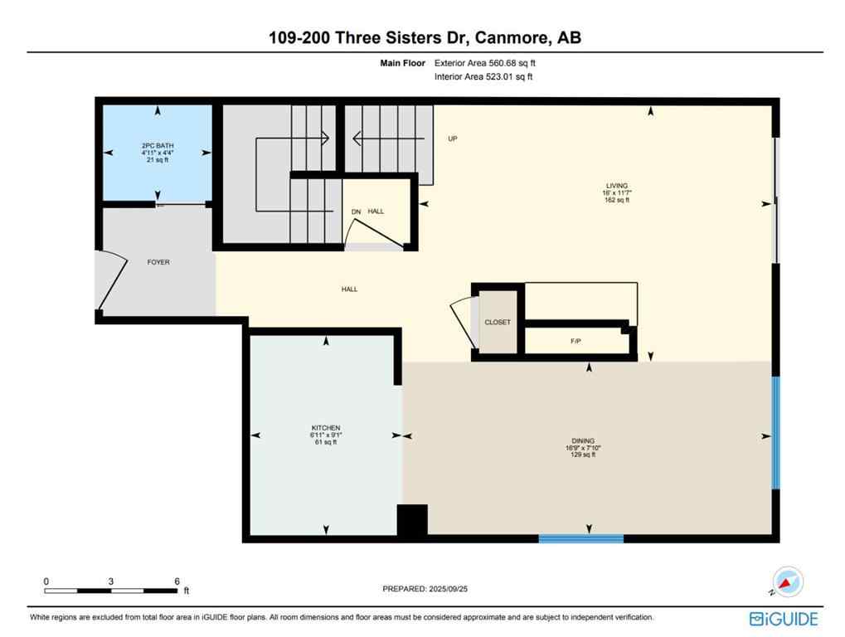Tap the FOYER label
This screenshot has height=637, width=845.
point(158,262)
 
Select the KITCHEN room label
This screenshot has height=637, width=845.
point(325,428)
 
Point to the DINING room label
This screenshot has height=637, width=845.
point(583,441)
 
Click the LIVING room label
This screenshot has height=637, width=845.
point(616,186)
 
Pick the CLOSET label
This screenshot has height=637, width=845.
point(498,322)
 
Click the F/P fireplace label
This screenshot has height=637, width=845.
point(575,341)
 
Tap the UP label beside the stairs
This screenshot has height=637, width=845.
point(453,139)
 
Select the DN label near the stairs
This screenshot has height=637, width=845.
point(356,212)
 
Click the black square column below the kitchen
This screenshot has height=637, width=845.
point(412,520)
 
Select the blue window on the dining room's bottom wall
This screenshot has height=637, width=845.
point(580,538)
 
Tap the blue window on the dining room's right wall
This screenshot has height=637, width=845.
point(776,433)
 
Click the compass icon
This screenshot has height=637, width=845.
point(787,581)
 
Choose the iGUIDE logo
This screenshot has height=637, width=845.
point(784,619)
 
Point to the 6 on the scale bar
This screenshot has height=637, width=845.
point(177,581)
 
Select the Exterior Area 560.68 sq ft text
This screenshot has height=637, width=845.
point(491,62)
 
